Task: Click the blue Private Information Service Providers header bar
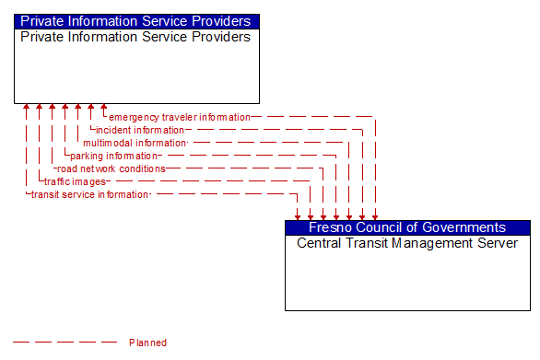(135, 21)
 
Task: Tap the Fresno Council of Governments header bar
(407, 227)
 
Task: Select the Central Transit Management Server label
(407, 244)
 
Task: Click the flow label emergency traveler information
(179, 118)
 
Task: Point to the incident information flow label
(140, 131)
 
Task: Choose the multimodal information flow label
(135, 144)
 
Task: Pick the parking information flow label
(113, 157)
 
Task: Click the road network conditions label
(111, 169)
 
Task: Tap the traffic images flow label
(75, 182)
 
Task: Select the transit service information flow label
(89, 195)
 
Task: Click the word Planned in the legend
(148, 343)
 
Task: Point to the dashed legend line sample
(65, 343)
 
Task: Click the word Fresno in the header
(330, 227)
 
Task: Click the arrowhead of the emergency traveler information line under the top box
(104, 108)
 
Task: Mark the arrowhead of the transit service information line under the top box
(27, 108)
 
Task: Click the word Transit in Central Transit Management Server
(370, 244)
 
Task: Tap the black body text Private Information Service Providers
(135, 38)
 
